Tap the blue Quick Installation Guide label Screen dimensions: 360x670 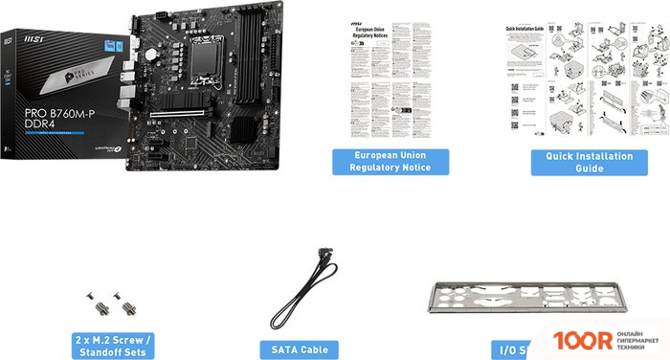pyautogui.click(x=582, y=161)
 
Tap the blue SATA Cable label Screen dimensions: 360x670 pyautogui.click(x=301, y=349)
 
